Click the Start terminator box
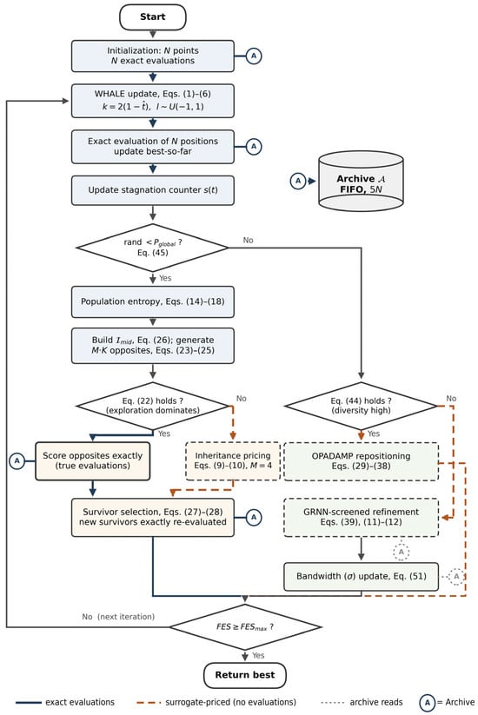point(152,17)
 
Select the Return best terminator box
point(245,675)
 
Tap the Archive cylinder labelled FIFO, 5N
point(361,181)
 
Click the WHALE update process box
point(153,100)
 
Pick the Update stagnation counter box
point(153,190)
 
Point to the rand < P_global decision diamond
point(153,248)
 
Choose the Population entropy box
point(153,301)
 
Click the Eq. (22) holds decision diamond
point(153,406)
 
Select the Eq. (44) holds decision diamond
point(361,406)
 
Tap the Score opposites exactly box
point(93,460)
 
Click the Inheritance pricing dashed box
point(233,460)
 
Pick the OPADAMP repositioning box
point(361,460)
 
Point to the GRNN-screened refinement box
point(361,517)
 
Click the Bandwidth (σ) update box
point(361,576)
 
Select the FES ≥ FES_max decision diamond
point(245,627)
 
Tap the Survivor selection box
point(153,517)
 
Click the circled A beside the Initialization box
point(254,56)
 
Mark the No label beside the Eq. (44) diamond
point(451,398)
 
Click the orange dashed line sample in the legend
point(149,703)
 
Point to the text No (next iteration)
point(118,617)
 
